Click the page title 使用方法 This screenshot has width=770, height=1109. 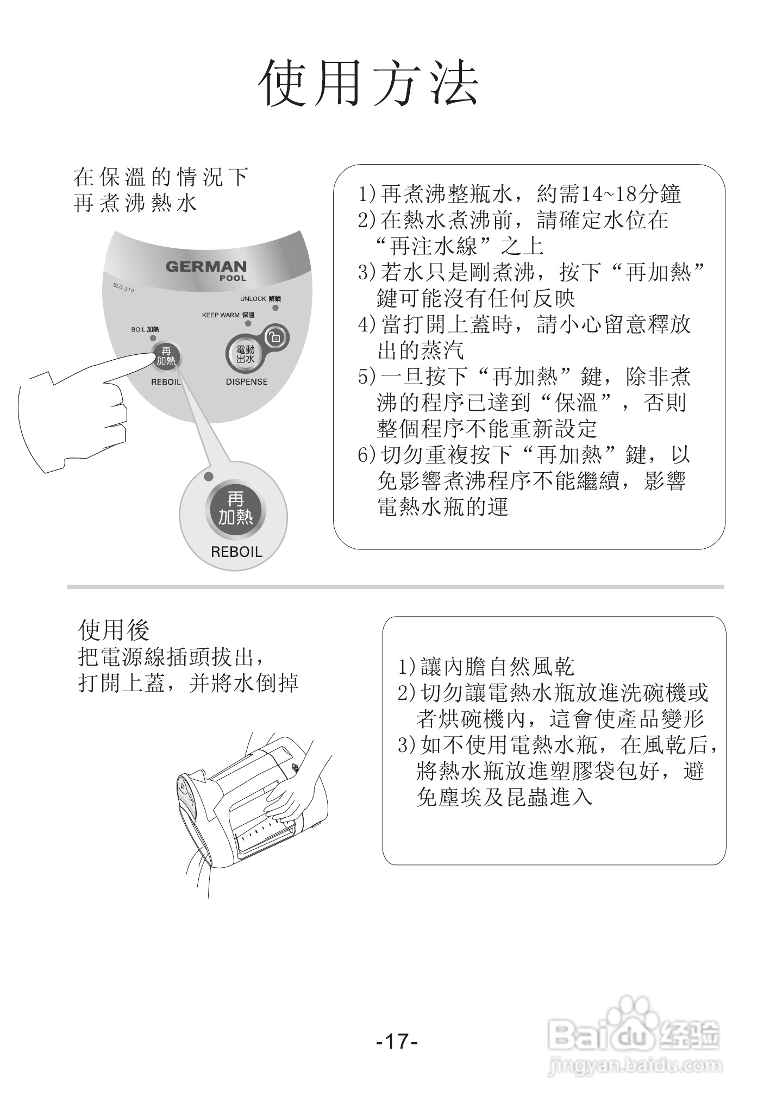(x=369, y=83)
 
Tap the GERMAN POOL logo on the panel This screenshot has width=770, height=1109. (x=206, y=269)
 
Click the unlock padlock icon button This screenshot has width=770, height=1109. (x=275, y=337)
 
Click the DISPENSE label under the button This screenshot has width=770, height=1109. (x=247, y=382)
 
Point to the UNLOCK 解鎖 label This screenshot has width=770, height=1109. (x=260, y=299)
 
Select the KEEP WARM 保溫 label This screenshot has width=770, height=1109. (x=228, y=315)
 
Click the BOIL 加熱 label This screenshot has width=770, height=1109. (x=145, y=330)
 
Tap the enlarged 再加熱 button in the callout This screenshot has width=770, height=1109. (x=235, y=509)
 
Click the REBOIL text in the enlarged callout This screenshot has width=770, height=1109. (x=236, y=552)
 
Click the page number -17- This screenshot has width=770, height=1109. (x=397, y=1042)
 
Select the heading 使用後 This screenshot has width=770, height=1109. (x=114, y=630)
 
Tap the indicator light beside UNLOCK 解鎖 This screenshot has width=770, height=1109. (x=276, y=308)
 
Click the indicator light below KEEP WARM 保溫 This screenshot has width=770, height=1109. (x=248, y=323)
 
